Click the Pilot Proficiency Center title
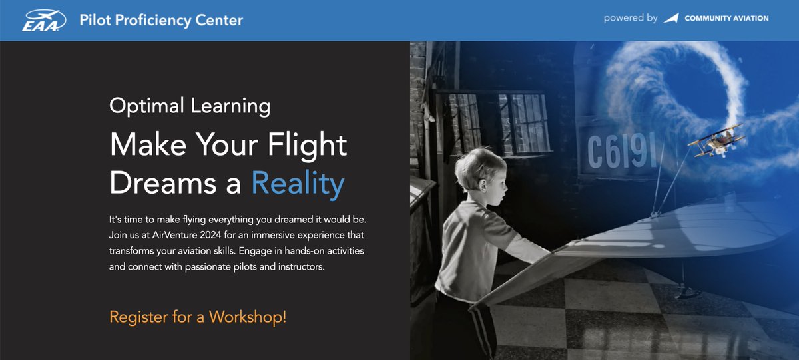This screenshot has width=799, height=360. pyautogui.click(x=160, y=19)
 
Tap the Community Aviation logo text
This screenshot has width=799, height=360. pyautogui.click(x=725, y=18)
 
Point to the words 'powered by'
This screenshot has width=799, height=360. pyautogui.click(x=630, y=18)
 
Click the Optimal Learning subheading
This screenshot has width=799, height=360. pyautogui.click(x=190, y=106)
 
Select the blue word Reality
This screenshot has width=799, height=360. pyautogui.click(x=298, y=183)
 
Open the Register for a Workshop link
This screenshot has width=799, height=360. pyautogui.click(x=198, y=317)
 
